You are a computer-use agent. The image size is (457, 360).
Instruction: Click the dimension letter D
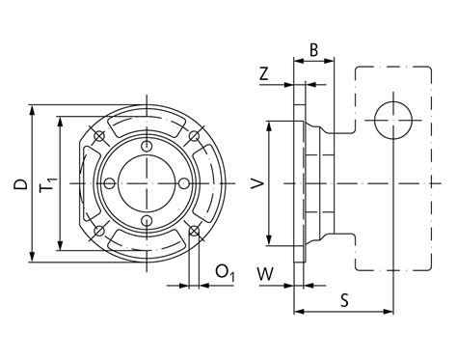tap(20, 185)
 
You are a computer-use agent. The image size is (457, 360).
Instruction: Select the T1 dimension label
tap(48, 184)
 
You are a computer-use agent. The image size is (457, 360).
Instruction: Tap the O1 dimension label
tap(225, 273)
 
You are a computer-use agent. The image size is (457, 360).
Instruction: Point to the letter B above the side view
tap(313, 50)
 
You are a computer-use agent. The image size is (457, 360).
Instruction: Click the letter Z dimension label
tap(263, 74)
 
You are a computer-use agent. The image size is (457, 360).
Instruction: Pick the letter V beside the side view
tap(257, 183)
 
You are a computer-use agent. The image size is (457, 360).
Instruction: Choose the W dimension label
tap(265, 274)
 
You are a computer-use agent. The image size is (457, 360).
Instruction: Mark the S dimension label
tap(344, 301)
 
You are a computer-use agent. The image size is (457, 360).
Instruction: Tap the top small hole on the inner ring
tap(147, 146)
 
